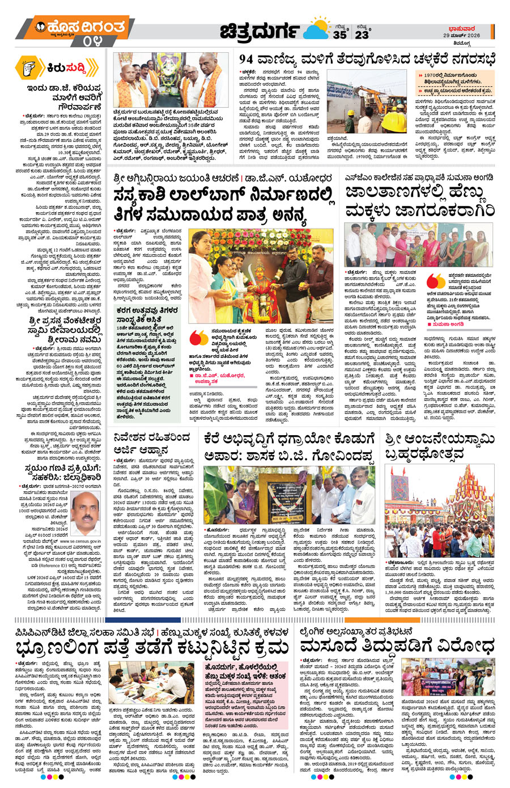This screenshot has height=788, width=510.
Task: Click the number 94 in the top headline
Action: point(250,59)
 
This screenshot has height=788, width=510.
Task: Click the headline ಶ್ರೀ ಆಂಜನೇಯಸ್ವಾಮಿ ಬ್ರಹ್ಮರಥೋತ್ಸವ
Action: point(439,447)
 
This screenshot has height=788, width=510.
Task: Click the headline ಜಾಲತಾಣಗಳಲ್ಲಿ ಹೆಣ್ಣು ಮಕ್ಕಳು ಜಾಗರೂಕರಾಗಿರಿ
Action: point(419,202)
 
